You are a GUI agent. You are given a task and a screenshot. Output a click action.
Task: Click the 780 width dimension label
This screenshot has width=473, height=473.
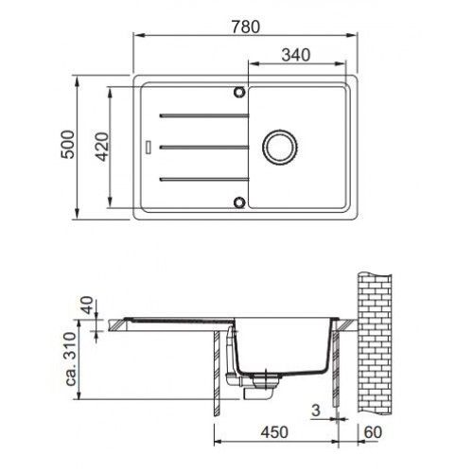pos(246,26)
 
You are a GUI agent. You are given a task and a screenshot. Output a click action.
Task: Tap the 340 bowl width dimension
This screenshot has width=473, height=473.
pos(296,55)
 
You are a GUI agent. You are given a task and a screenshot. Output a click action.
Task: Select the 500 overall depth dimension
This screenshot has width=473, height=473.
pos(68,144)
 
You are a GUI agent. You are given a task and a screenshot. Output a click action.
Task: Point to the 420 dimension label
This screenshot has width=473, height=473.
pos(102,147)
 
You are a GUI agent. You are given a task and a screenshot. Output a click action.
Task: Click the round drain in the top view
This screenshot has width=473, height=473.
pos(280,147)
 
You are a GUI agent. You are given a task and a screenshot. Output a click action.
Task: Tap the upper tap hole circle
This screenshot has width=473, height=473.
pos(239,92)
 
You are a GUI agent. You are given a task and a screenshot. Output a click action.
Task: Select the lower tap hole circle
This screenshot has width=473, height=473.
pos(239,202)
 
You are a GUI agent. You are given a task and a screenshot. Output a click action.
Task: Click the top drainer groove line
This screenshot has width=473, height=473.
pos(204,115)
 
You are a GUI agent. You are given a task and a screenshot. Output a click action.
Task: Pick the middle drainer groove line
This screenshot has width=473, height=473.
pos(204,148)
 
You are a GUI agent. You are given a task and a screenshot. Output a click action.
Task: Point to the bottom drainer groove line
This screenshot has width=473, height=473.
pos(204,180)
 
